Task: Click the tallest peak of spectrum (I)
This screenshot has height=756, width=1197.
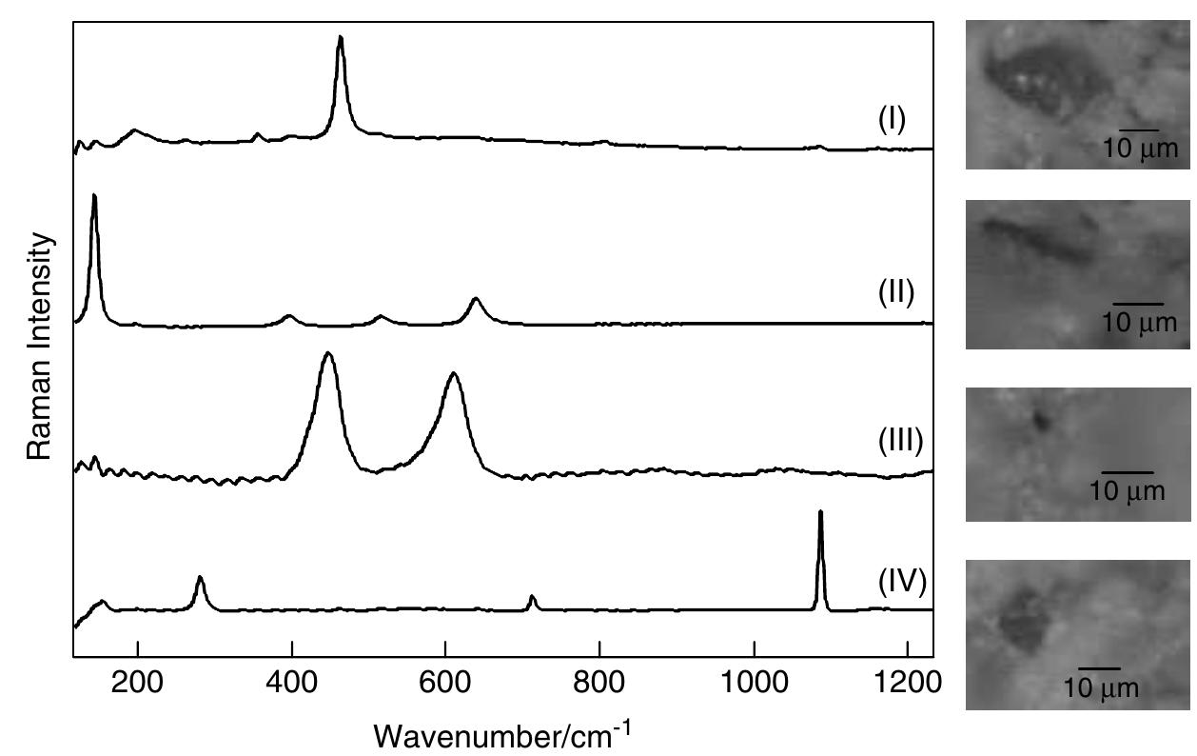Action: (x=340, y=38)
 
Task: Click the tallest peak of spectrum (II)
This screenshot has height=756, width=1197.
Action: (x=94, y=196)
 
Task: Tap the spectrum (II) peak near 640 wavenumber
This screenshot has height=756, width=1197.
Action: (x=476, y=300)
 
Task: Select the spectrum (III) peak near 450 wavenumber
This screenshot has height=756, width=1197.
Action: (x=328, y=354)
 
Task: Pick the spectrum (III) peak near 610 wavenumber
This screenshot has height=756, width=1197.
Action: (x=454, y=374)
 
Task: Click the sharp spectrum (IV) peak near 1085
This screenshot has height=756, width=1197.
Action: (x=820, y=513)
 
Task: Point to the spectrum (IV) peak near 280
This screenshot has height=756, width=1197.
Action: (x=200, y=578)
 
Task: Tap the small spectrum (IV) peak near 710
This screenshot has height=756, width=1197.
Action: (x=532, y=597)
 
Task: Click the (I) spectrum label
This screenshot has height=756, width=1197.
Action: (x=892, y=121)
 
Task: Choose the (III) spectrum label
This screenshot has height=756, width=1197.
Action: (x=899, y=441)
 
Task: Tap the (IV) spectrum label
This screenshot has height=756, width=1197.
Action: (x=902, y=580)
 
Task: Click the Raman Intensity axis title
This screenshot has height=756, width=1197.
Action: (x=39, y=347)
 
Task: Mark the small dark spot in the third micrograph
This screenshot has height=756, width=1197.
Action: (x=1042, y=418)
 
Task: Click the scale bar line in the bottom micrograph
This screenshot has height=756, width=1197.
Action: (x=1099, y=668)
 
